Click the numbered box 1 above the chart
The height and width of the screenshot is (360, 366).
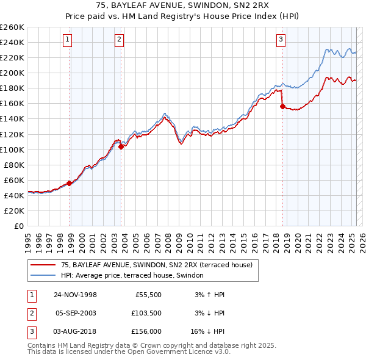(x=67, y=40)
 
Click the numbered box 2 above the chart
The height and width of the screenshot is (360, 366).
(x=119, y=40)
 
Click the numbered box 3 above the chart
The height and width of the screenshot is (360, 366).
(x=281, y=40)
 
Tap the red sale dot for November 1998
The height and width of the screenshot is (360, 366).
(x=70, y=183)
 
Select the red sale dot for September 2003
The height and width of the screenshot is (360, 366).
(x=121, y=146)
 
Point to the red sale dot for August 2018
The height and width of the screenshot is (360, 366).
(x=282, y=106)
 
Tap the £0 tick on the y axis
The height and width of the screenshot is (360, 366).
(x=18, y=226)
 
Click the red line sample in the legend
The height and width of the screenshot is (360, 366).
(x=44, y=265)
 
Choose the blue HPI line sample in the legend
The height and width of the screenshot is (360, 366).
(x=44, y=276)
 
